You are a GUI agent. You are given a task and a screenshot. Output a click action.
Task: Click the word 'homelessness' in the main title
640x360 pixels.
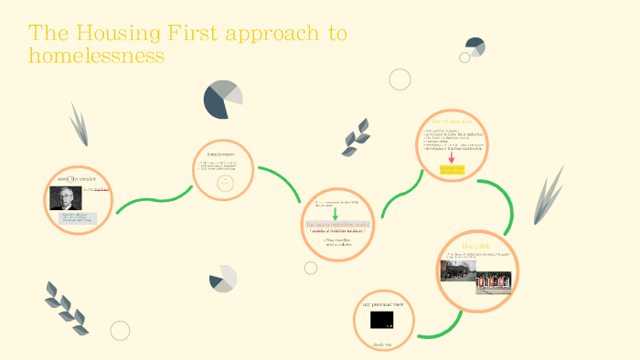point(96,55)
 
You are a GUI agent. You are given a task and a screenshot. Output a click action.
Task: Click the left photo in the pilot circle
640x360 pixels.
point(457,271)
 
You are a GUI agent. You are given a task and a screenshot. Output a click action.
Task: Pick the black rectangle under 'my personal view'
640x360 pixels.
point(382,320)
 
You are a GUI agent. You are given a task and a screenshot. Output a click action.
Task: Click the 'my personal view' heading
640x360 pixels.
point(382,303)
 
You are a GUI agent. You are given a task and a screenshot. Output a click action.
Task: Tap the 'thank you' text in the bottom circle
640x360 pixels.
point(381,344)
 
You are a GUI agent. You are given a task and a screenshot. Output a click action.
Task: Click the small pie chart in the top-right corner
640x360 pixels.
point(475,46)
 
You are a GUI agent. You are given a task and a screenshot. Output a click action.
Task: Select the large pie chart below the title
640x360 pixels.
point(222,99)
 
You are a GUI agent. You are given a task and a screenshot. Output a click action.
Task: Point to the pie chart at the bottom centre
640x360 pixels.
point(223,279)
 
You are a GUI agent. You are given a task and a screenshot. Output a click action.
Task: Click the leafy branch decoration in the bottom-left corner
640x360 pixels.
point(66,305)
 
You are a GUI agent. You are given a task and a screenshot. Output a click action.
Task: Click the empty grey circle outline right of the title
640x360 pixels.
point(400,79)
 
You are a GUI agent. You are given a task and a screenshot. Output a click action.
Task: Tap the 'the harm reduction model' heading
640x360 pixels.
point(337,224)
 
